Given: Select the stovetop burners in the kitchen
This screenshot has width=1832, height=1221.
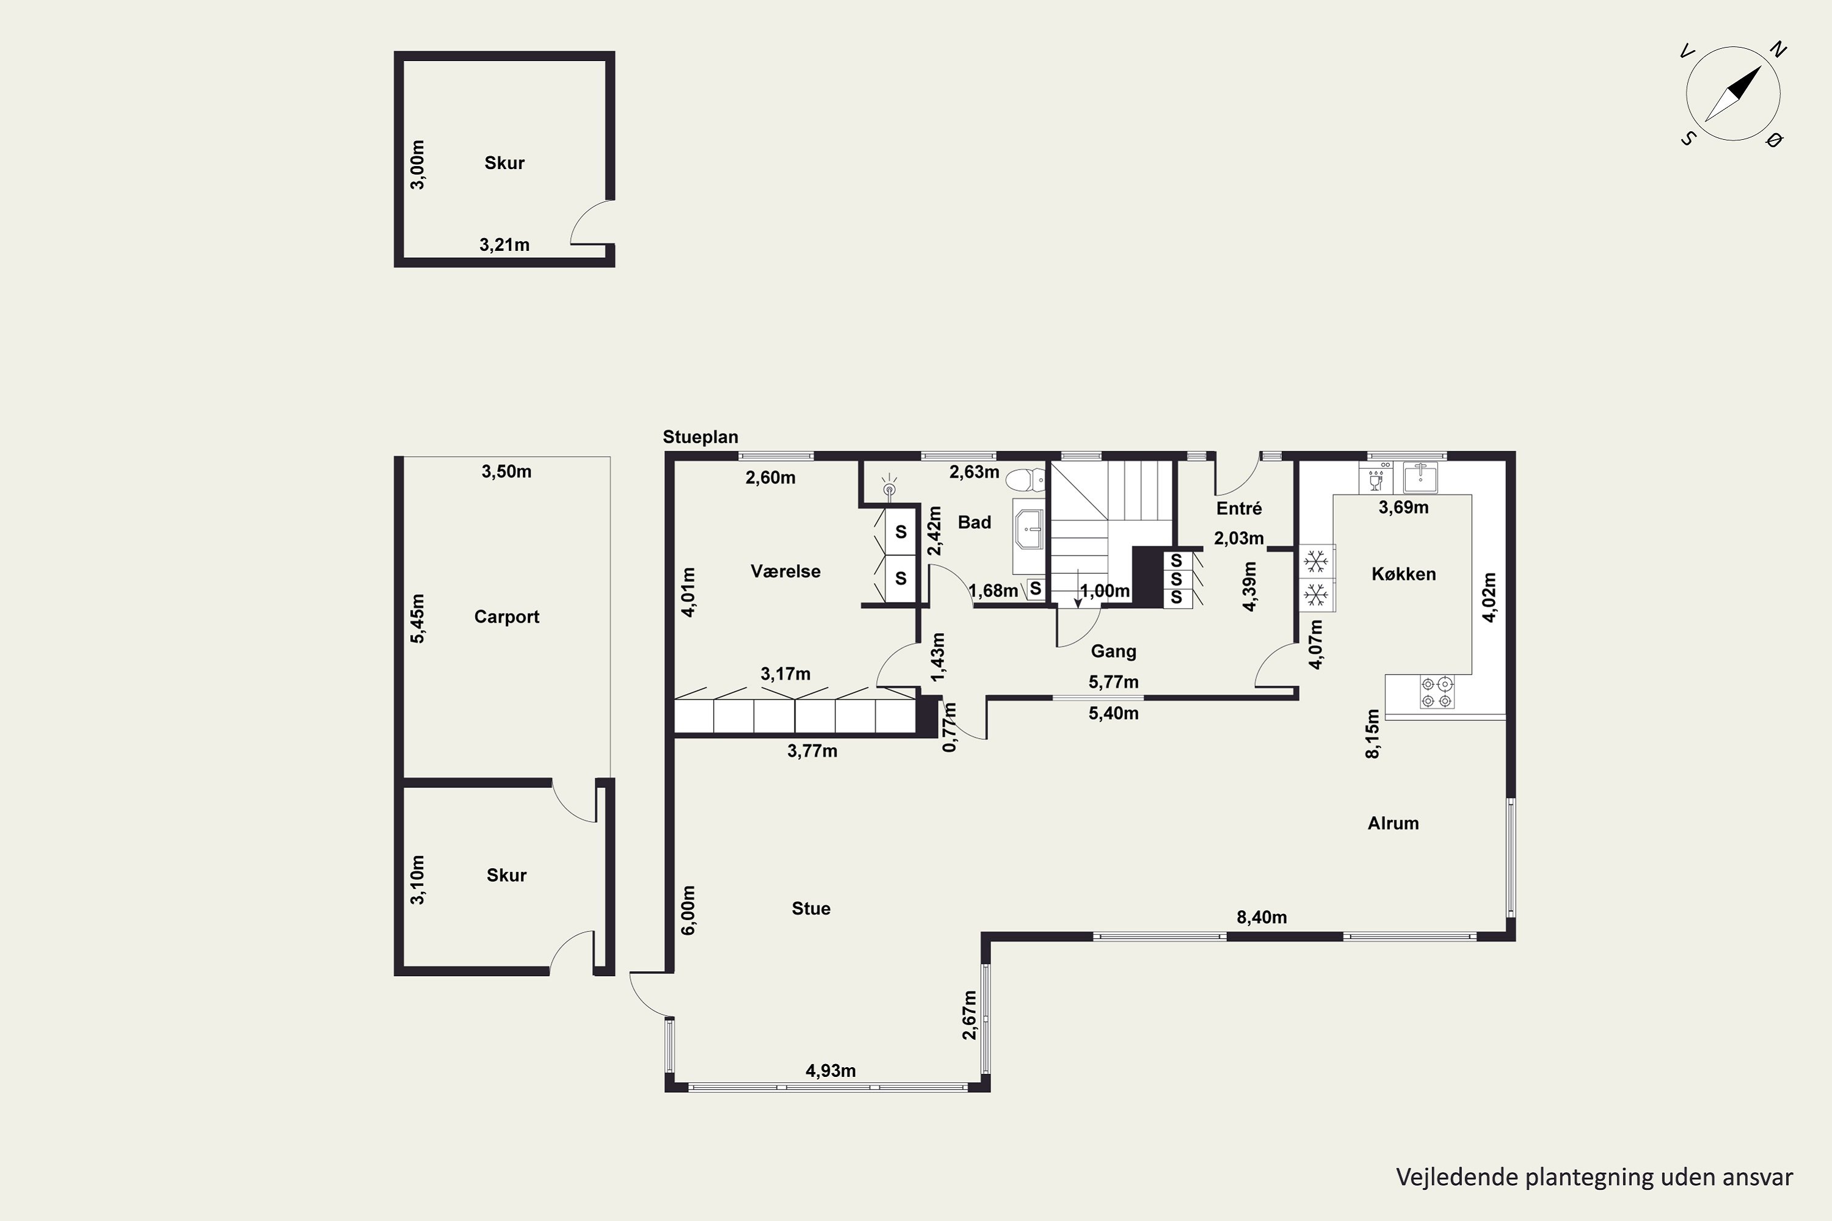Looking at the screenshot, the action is [1437, 692].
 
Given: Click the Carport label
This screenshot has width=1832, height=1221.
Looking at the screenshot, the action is [506, 617].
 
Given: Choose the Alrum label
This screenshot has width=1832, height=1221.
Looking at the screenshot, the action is [1393, 823].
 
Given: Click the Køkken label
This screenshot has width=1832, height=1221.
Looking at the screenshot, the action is [1403, 574].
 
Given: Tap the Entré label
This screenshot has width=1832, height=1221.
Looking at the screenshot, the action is [1239, 509].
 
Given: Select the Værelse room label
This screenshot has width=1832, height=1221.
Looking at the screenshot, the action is [785, 571].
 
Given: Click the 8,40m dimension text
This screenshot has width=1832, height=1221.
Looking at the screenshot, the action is [1262, 918].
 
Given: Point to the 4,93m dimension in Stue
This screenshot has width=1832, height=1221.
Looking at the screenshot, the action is [831, 1071].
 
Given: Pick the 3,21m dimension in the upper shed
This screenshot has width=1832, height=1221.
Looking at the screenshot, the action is [504, 245].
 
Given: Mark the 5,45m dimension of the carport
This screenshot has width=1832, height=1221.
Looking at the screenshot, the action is [418, 618].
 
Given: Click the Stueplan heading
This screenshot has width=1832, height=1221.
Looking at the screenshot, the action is [700, 437].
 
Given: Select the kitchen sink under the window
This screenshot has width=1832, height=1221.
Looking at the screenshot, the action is [1420, 477].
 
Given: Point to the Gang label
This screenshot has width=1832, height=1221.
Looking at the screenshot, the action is [1113, 651].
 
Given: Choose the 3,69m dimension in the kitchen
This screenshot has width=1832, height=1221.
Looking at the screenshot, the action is [1403, 508].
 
